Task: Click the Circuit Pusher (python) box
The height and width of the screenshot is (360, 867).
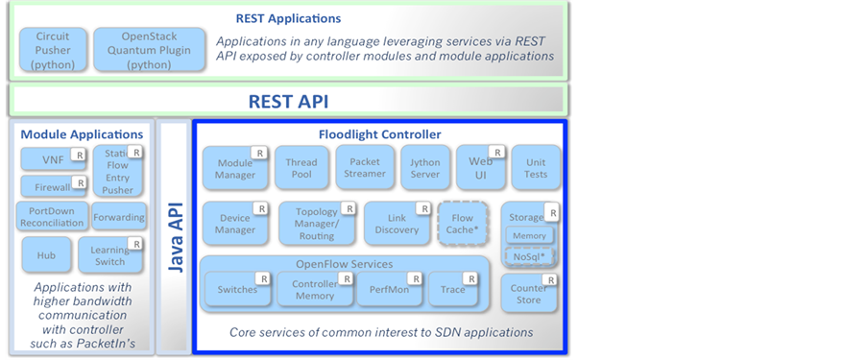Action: [53, 50]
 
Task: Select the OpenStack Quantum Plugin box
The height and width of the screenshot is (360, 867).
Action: [149, 50]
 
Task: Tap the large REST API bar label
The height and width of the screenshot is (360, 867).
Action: [288, 102]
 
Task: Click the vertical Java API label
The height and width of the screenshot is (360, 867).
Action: [176, 237]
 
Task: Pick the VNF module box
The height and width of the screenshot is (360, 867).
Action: [54, 159]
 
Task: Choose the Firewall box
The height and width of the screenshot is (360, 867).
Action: [54, 186]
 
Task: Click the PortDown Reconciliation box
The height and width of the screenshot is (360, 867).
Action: [53, 216]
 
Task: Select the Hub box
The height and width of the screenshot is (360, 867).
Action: [46, 255]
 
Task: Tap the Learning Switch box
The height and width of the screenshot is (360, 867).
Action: [110, 255]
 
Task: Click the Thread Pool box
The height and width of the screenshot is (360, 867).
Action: [301, 168]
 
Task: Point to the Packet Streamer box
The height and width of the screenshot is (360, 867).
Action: [365, 167]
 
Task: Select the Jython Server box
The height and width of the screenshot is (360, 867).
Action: [424, 168]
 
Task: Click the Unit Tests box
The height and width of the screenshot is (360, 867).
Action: [536, 168]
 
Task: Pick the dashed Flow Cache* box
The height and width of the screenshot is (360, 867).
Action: [462, 224]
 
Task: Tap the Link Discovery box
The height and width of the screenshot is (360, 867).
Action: [397, 224]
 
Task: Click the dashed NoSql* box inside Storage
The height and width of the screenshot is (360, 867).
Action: [529, 256]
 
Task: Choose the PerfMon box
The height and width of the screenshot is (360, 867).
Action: [391, 289]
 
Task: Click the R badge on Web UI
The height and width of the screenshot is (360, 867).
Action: [497, 152]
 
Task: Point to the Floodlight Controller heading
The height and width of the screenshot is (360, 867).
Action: [380, 134]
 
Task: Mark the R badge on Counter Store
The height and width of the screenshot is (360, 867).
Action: [551, 280]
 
